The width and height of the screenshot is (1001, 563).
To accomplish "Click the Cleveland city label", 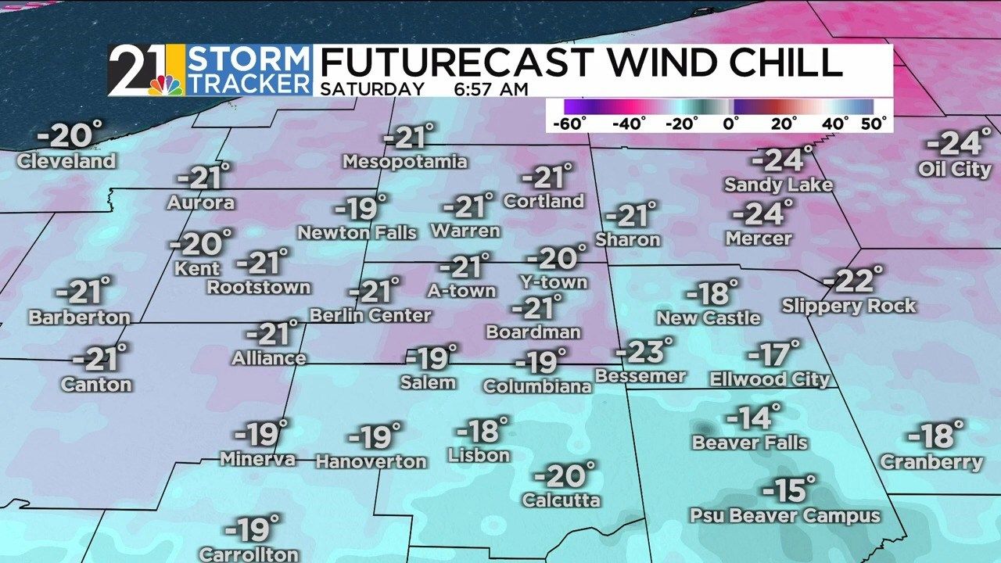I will (66, 162).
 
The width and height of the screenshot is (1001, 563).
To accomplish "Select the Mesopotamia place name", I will (405, 162).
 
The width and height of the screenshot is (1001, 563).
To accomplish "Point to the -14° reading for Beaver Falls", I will (753, 418).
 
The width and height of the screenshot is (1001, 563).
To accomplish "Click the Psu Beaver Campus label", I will (784, 516).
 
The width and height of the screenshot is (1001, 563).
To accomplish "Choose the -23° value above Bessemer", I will (644, 353).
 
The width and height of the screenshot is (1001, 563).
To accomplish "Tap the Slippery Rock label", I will (849, 306).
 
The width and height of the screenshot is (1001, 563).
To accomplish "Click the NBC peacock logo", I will (166, 84).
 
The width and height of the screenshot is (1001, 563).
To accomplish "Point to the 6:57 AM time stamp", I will (490, 89).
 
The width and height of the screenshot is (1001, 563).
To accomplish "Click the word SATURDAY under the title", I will (373, 89).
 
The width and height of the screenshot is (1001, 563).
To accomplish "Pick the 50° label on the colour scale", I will (873, 124).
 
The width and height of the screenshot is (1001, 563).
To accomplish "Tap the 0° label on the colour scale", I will (732, 124).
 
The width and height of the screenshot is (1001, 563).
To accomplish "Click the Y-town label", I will (554, 281).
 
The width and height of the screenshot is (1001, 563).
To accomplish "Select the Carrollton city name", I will (249, 554).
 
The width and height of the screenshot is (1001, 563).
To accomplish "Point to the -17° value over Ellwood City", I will (774, 354).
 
